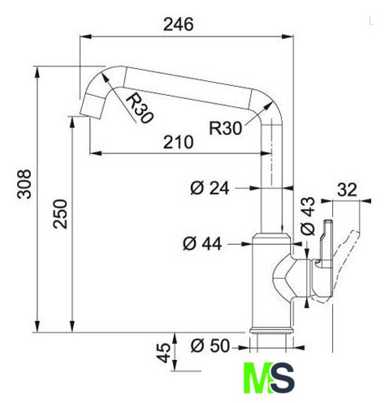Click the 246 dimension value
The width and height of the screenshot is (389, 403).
click(179, 24)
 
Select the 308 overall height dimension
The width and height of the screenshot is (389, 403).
click(24, 184)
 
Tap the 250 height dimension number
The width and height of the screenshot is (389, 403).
click(60, 214)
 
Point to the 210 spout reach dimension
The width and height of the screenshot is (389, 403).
click(179, 142)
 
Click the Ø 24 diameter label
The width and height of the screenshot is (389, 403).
click(210, 188)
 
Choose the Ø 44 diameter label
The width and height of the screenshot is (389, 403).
click(202, 243)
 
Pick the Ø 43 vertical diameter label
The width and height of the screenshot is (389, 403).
click(308, 216)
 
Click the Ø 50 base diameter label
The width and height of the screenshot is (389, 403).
click(210, 345)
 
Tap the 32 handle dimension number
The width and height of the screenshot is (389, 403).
click(347, 190)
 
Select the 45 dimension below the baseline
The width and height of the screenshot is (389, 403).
click(164, 353)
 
